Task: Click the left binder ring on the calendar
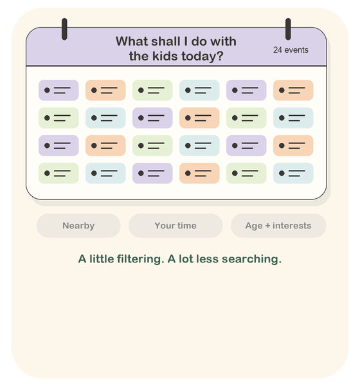pos(64,29)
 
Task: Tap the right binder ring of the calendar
pos(288,29)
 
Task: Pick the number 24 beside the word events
pos(277,50)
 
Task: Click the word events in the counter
pos(296,50)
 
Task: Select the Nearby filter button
pos(78,226)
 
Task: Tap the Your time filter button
pos(175,226)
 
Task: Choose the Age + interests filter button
pos(278,226)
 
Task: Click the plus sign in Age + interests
pos(267,226)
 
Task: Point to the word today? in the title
pos(203,57)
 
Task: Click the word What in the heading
pos(132,41)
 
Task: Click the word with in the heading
pos(224,41)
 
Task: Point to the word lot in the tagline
pos(186,259)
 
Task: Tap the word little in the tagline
pos(102,259)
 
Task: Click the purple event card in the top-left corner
pos(59,90)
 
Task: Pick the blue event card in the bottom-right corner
pos(293,173)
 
